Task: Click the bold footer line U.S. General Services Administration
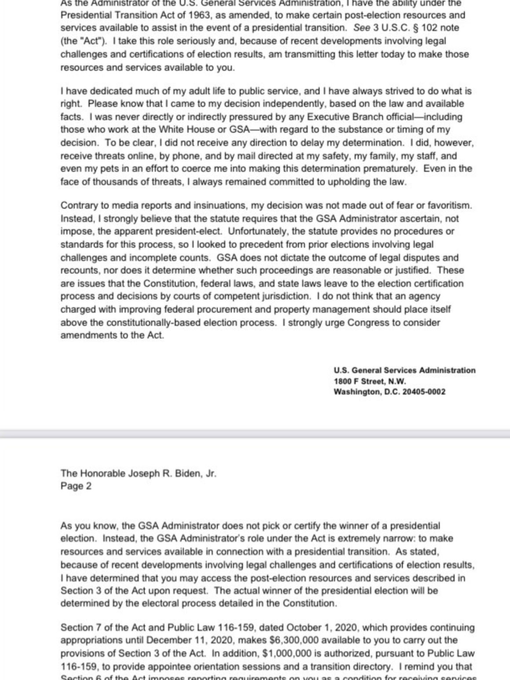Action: (404, 371)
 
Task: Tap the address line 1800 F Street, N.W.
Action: (370, 381)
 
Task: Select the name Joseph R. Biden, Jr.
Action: (171, 474)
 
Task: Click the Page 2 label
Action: (76, 486)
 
